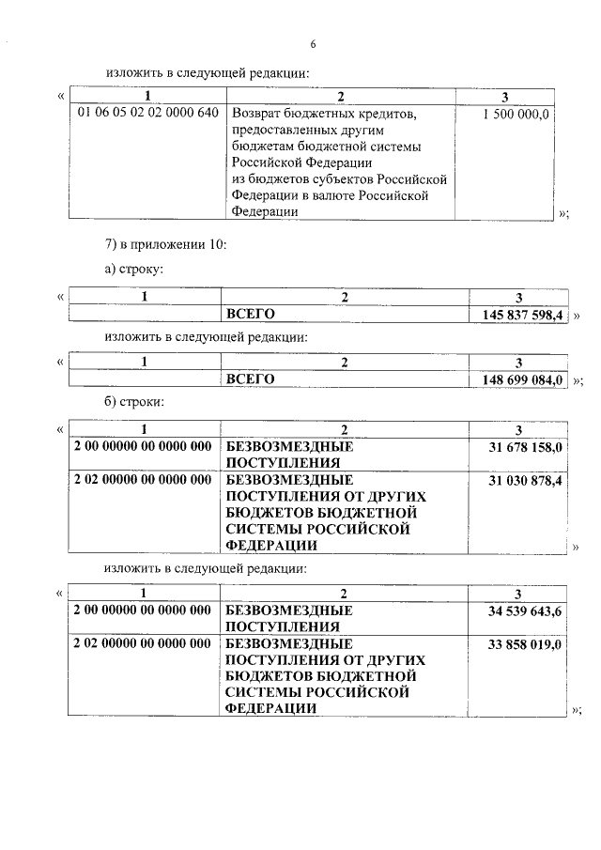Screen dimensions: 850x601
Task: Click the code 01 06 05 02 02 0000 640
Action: point(147,114)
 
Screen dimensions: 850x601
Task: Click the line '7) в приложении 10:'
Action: point(165,245)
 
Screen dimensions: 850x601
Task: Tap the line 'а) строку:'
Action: point(134,270)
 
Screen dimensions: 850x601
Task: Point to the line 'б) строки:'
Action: point(135,402)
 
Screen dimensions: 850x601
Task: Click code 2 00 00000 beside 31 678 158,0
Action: point(142,447)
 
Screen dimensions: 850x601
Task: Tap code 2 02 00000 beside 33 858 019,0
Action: point(142,644)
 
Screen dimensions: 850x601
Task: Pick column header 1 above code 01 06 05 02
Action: point(147,96)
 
